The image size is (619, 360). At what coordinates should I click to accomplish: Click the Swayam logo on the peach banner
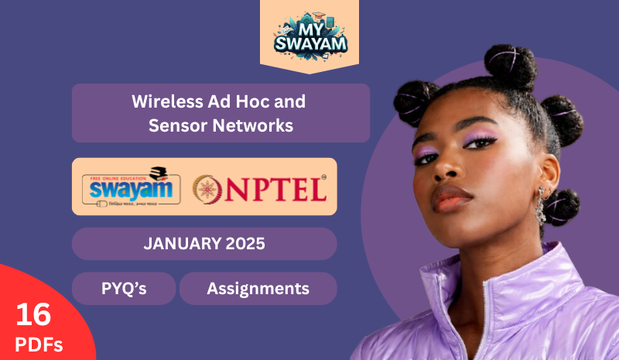131,187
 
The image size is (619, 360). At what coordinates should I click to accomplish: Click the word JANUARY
179,244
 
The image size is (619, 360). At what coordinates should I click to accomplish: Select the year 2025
241,244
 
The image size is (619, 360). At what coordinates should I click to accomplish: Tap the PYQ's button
124,289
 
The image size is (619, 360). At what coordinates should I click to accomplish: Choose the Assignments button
258,289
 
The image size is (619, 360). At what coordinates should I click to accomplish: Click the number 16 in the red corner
33,314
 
